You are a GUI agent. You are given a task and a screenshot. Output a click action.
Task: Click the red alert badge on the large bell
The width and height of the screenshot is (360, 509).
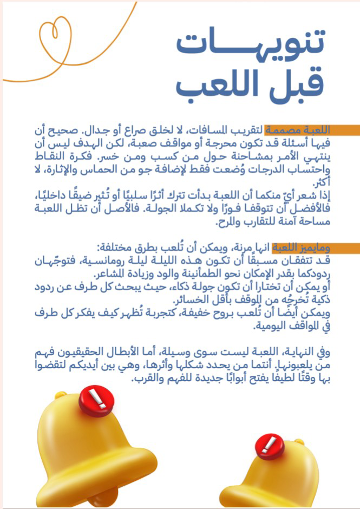(x=97, y=400)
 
